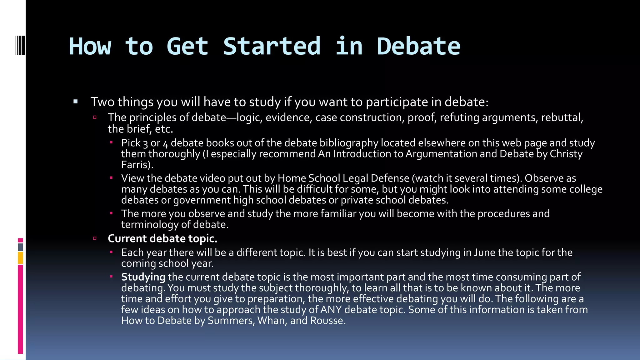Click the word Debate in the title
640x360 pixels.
418,47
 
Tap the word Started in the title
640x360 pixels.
272,47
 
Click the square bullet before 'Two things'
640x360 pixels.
75,102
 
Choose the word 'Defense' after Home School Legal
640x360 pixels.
390,178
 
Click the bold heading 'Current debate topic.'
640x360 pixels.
162,238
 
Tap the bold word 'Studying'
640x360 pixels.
143,277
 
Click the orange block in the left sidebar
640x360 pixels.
20,258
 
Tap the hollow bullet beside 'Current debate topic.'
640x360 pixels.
95,238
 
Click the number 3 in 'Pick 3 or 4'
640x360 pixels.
145,144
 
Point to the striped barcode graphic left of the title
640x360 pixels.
20,46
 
